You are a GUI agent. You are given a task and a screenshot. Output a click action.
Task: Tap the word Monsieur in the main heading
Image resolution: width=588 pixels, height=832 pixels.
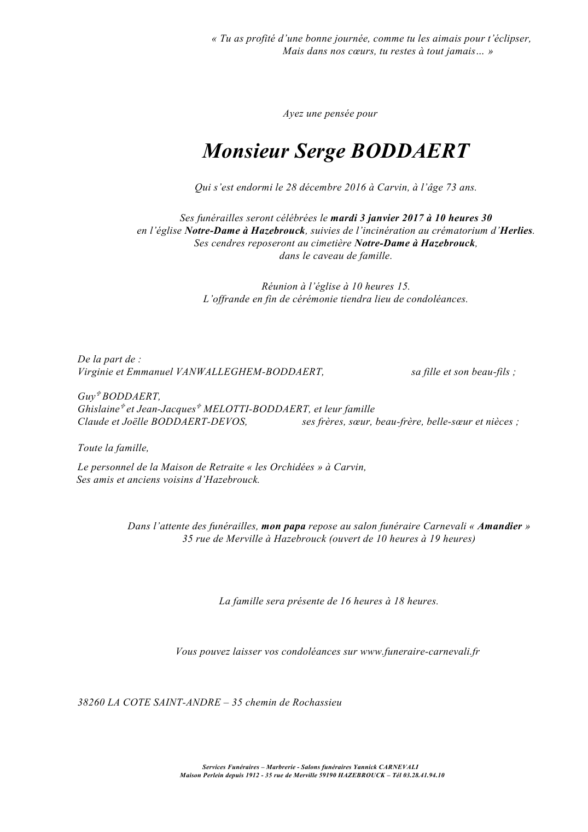245,151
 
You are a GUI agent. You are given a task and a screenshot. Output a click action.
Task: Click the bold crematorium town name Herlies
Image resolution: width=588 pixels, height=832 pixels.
516,230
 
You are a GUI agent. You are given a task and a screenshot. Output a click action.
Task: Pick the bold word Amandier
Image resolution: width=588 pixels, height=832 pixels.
499,526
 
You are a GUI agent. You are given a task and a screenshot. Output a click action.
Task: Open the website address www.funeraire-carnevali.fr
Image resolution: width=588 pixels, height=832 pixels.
420,651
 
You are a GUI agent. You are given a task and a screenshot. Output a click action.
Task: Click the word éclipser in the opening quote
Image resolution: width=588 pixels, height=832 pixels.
509,39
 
